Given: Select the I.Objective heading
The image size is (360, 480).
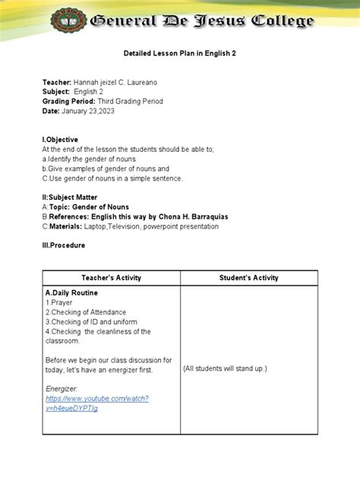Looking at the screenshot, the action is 67,140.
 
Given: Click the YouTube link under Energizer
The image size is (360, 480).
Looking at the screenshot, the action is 96,403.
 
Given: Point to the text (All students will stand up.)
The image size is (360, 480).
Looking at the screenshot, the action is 225,368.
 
